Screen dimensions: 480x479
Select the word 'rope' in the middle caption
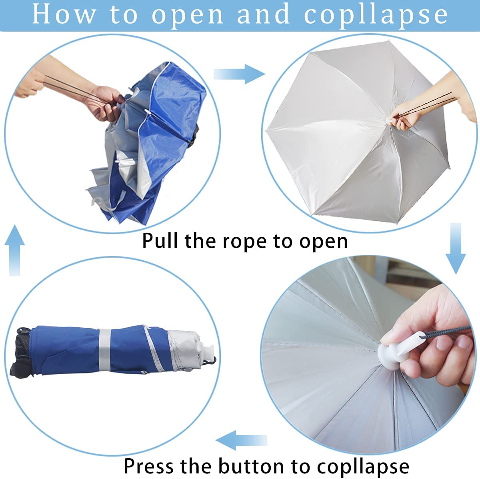[244, 241]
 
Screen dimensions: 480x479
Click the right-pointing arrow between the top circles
[239, 74]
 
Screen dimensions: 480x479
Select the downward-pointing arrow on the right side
[456, 248]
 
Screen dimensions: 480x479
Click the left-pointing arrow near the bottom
[241, 440]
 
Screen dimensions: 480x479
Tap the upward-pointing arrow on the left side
[15, 250]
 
